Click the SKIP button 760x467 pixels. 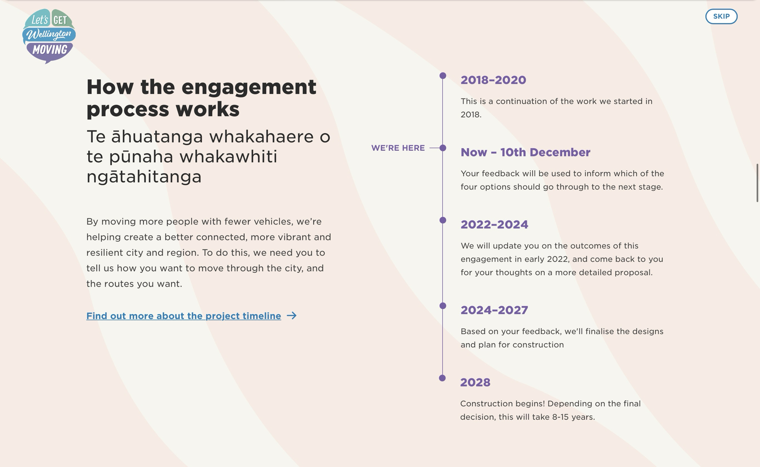point(721,16)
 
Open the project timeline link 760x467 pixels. point(184,316)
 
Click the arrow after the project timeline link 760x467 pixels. point(291,316)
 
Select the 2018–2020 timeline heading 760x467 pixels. point(493,80)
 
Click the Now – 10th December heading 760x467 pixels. point(526,152)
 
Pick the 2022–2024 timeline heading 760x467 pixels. point(494,224)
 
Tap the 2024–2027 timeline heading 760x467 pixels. point(494,310)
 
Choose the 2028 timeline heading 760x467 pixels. point(475,382)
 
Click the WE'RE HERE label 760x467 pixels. point(398,148)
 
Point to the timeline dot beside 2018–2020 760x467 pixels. point(443,76)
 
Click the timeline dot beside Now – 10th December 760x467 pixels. point(443,148)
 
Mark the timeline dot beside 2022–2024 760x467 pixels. point(443,220)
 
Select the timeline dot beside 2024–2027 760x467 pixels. point(443,306)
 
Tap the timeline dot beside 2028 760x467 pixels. point(442,378)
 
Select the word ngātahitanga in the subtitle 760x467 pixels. point(144,177)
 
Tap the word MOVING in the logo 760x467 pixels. point(50,49)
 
